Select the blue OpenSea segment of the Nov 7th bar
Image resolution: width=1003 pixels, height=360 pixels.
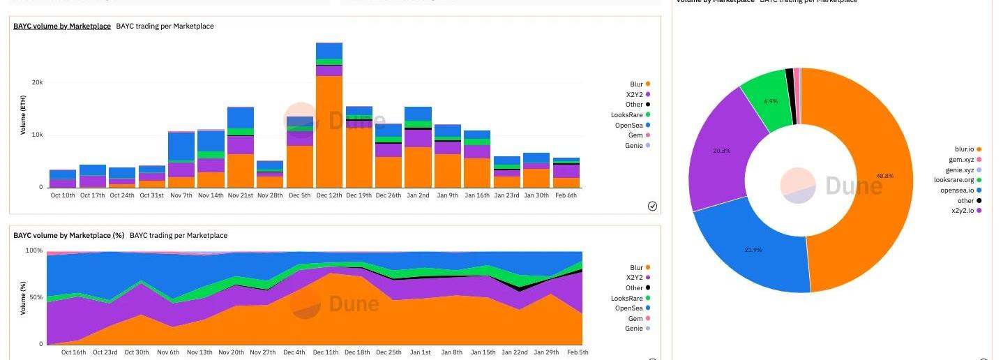pos(181,147)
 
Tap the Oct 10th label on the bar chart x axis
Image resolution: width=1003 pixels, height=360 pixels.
pos(63,195)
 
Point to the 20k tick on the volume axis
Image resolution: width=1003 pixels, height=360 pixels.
pos(37,82)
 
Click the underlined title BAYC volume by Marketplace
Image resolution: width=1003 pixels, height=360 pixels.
pos(62,27)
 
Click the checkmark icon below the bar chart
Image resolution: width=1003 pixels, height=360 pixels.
pos(652,206)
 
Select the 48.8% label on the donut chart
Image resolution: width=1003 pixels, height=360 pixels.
pos(884,177)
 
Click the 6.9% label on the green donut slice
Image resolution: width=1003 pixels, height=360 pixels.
pos(771,102)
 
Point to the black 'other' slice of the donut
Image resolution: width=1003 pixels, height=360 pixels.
pos(790,96)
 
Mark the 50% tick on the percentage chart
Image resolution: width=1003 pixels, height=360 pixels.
pos(34,297)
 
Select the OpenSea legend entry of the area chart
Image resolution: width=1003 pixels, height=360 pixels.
pos(630,308)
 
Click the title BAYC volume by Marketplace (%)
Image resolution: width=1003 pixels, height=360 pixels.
pos(69,236)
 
